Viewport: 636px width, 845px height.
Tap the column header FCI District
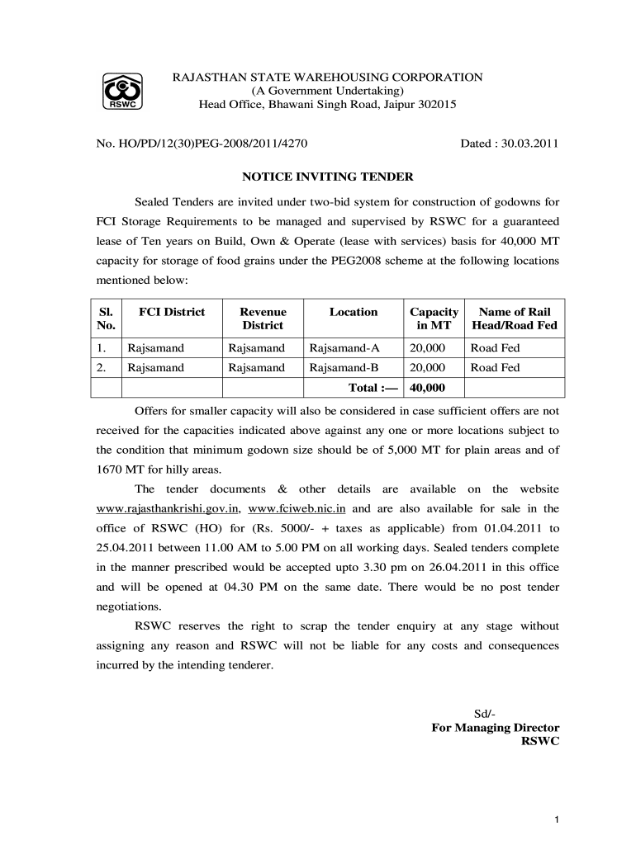pos(172,312)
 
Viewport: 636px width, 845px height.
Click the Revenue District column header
pos(263,319)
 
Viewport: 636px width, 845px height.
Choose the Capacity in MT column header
pos(434,319)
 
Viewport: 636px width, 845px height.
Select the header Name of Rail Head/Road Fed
pos(515,319)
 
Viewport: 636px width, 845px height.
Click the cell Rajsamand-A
pos(344,348)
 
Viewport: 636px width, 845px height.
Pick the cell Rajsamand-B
pos(344,368)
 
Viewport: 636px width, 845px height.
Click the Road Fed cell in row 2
pos(495,368)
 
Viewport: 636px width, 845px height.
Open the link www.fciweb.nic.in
pos(297,508)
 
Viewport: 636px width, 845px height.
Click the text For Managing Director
pos(496,728)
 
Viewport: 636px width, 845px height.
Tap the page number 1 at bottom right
pos(558,819)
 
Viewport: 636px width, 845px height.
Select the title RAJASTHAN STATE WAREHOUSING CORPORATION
pos(326,78)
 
